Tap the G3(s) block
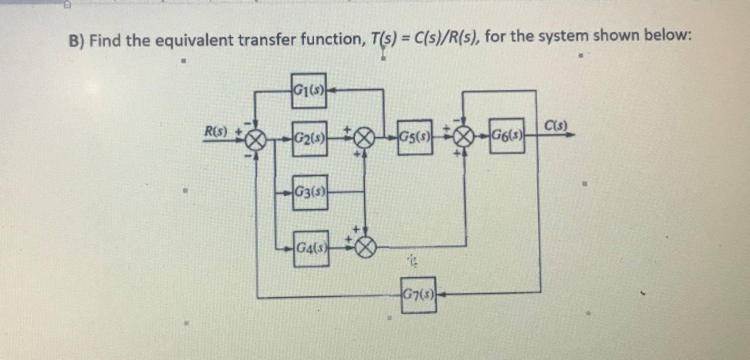tap(310, 191)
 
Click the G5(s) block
tap(415, 138)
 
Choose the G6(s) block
tap(507, 135)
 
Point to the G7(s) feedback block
tap(418, 294)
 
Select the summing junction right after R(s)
tap(255, 140)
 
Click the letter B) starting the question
tap(77, 41)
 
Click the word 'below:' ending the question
tap(667, 35)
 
